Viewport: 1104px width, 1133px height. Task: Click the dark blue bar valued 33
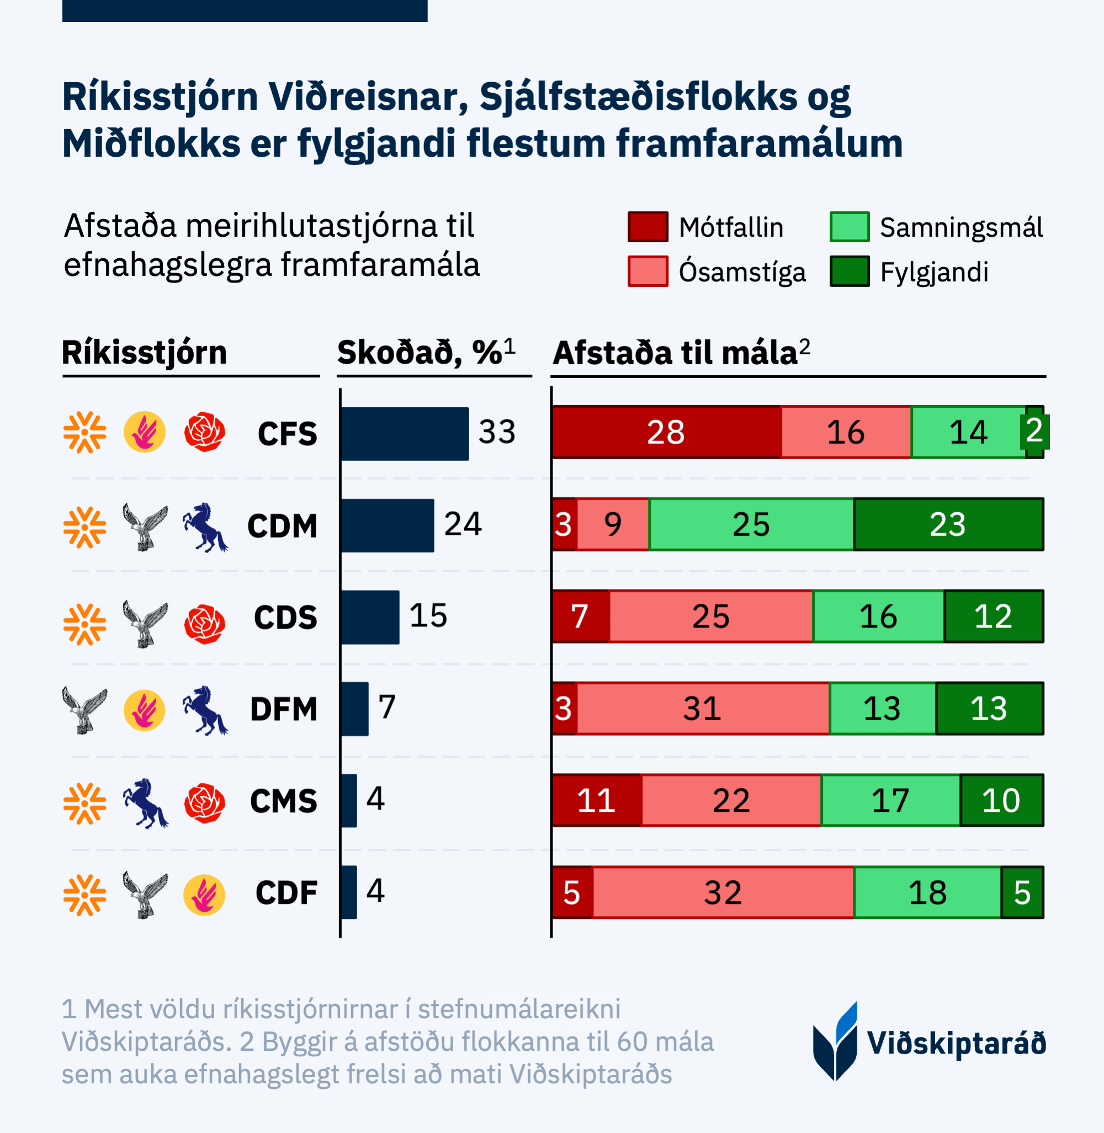[x=405, y=434]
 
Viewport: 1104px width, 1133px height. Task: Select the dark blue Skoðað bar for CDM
[x=388, y=525]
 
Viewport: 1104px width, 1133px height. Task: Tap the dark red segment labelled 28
[x=666, y=433]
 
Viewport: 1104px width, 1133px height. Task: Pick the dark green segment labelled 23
[x=948, y=524]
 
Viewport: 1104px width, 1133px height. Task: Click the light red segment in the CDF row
[x=723, y=892]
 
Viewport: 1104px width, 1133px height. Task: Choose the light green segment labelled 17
[x=890, y=800]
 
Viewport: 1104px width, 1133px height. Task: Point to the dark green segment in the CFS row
[x=1034, y=432]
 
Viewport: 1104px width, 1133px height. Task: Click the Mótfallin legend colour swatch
[x=647, y=227]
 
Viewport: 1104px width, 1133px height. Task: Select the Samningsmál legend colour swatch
[x=849, y=227]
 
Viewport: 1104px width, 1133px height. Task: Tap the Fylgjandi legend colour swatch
[x=849, y=272]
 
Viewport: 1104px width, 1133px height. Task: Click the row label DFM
[x=284, y=709]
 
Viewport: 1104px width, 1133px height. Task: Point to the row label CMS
[x=284, y=801]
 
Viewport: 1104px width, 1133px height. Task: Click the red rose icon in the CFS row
[x=205, y=432]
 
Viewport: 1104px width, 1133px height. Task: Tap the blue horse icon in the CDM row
[x=205, y=526]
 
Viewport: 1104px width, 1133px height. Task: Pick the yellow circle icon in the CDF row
[x=204, y=895]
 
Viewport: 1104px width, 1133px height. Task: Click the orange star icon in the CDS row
[x=84, y=624]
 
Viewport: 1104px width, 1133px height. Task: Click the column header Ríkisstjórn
[x=145, y=353]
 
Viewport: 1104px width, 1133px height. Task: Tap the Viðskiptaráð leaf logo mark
[x=836, y=1041]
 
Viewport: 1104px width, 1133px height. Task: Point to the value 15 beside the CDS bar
[x=428, y=616]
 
